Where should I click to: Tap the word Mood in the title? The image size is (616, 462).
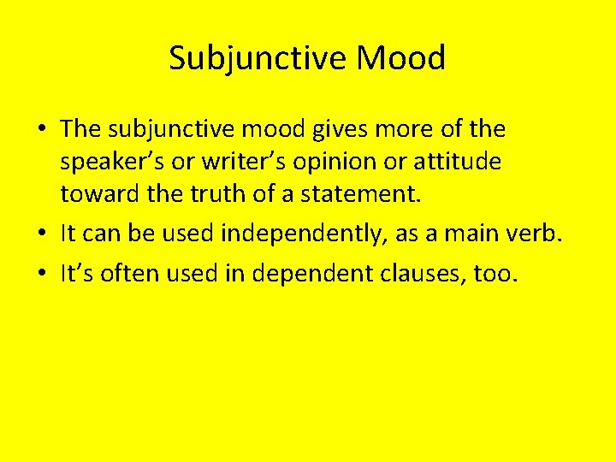(x=401, y=58)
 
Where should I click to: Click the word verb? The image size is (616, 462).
(x=536, y=234)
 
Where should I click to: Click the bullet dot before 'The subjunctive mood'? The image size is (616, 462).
(x=41, y=132)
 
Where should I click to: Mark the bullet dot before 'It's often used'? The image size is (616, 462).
(x=41, y=275)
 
